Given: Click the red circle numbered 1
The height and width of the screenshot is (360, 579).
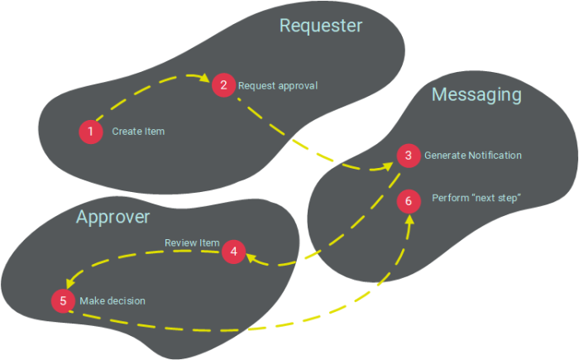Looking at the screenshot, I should [x=89, y=131].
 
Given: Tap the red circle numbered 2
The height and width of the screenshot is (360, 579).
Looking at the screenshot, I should [x=222, y=84].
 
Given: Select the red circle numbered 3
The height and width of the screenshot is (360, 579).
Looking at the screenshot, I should [x=407, y=156].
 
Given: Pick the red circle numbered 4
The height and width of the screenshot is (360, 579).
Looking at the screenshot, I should [x=234, y=251].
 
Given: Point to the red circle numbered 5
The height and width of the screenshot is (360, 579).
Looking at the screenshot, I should [x=63, y=300].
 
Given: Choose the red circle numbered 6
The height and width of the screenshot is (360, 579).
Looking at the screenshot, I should [x=407, y=199].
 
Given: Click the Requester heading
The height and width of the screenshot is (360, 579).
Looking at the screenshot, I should [x=321, y=26].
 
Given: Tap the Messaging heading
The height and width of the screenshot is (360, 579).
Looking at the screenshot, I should [x=476, y=95].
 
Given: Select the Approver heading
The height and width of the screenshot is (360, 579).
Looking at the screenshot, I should [x=113, y=217].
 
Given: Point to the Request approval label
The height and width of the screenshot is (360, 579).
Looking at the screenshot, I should [x=278, y=85].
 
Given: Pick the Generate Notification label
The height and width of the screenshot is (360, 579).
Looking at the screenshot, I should [x=472, y=156].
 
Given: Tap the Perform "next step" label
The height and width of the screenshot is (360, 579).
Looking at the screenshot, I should [x=476, y=198].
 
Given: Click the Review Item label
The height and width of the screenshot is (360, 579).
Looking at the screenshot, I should [x=192, y=242].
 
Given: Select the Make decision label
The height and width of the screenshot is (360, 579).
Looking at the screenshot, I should [x=112, y=300].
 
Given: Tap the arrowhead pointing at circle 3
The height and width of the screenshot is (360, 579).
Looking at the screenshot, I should [x=390, y=166].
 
